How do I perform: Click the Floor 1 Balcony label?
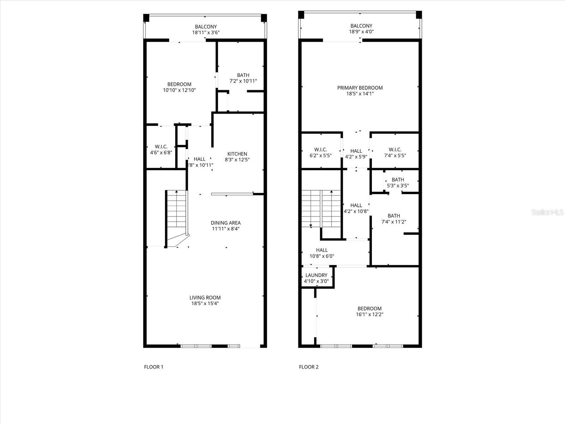[x=206, y=27]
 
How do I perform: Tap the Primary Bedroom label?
[x=360, y=88]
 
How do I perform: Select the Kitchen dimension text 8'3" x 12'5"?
[x=237, y=160]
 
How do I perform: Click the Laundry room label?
[x=316, y=275]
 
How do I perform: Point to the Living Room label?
[x=205, y=298]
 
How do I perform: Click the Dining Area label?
[x=226, y=223]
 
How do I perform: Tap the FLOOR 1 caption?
[x=154, y=367]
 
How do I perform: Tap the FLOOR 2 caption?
[x=309, y=367]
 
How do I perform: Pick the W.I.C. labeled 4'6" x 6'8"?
[x=161, y=150]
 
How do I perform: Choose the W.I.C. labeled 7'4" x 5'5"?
[x=395, y=152]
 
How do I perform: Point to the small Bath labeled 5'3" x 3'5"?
[x=398, y=183]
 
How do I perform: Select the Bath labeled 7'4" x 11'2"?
[x=394, y=219]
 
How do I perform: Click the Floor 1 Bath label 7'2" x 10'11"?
[x=243, y=78]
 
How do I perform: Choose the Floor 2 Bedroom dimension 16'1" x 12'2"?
[x=369, y=314]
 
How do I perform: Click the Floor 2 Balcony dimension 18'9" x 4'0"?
[x=361, y=32]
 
